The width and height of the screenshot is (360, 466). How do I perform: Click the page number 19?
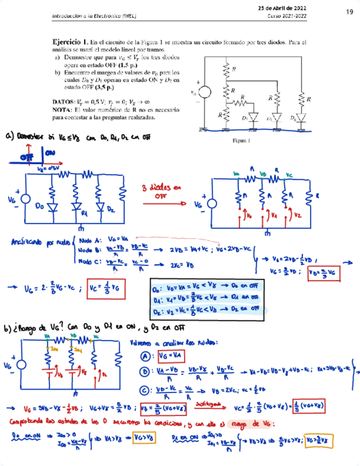coord(349,12)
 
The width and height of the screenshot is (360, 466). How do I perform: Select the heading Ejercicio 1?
coord(70,42)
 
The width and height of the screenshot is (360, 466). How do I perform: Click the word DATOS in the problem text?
coord(64,102)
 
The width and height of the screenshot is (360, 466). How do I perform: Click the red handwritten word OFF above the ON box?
coord(26,157)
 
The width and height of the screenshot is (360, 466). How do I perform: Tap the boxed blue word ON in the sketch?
coord(49,152)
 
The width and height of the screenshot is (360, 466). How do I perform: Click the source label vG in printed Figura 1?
coord(192,93)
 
